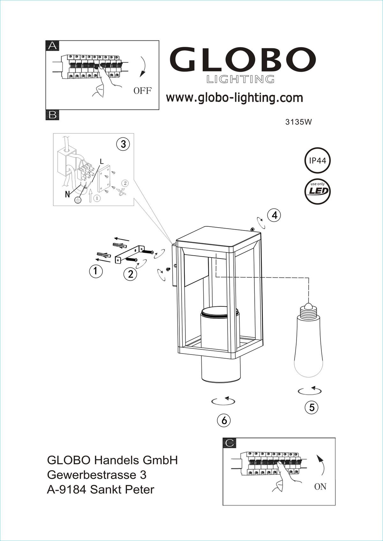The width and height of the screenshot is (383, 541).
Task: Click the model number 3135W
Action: pyautogui.click(x=298, y=122)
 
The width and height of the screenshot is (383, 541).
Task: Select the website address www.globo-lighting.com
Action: pyautogui.click(x=234, y=98)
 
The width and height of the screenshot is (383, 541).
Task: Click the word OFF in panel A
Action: pyautogui.click(x=143, y=91)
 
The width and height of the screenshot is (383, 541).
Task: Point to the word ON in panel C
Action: pyautogui.click(x=320, y=486)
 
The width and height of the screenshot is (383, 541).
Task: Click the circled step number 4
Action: pyautogui.click(x=274, y=215)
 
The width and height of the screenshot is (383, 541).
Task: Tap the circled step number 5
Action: pyautogui.click(x=312, y=407)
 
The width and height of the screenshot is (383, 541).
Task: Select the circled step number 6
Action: pyautogui.click(x=224, y=420)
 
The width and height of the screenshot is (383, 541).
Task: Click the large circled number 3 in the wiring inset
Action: pyautogui.click(x=123, y=144)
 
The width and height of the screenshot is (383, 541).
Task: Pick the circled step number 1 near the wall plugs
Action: pyautogui.click(x=96, y=271)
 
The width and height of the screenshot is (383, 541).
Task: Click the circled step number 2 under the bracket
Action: pyautogui.click(x=131, y=274)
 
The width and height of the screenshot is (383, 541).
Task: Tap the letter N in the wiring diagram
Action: pyautogui.click(x=67, y=194)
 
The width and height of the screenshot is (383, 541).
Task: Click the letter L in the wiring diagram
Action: pyautogui.click(x=101, y=161)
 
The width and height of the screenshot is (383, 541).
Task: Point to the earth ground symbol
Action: pyautogui.click(x=78, y=200)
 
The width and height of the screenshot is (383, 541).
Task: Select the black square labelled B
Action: pyautogui.click(x=52, y=115)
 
